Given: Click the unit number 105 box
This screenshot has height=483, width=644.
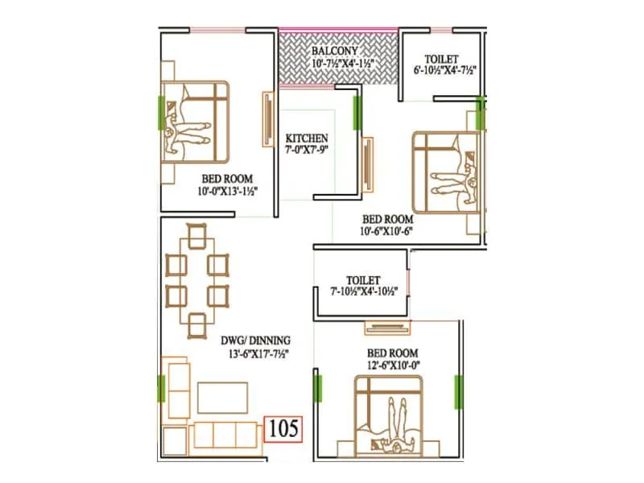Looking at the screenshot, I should (283, 428).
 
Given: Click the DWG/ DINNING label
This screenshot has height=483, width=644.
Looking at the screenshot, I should (257, 341).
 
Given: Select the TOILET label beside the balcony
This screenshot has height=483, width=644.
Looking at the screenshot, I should (442, 59).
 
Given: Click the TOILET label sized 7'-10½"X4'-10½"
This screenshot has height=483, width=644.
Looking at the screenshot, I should (364, 279).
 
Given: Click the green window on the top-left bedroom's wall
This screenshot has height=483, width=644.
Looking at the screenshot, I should (162, 112).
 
